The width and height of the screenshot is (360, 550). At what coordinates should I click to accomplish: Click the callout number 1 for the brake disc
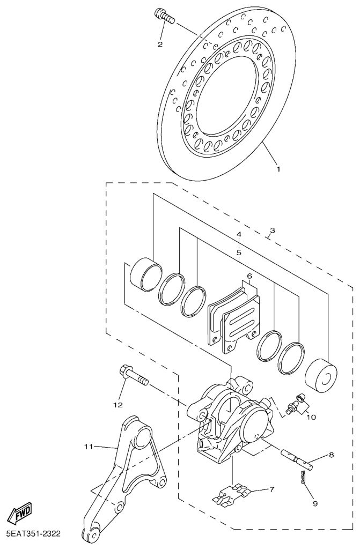tap(278, 169)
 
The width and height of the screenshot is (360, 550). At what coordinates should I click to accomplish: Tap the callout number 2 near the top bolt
tap(160, 44)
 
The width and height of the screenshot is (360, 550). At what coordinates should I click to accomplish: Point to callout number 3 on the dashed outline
tap(272, 231)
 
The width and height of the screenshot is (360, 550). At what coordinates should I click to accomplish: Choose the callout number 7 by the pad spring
tap(271, 489)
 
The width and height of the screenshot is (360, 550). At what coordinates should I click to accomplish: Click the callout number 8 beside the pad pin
tap(331, 455)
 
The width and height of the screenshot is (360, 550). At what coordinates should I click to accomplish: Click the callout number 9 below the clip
tap(315, 504)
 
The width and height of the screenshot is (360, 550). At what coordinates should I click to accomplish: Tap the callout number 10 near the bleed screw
tap(311, 417)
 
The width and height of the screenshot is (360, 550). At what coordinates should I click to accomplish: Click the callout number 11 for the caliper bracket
tap(88, 447)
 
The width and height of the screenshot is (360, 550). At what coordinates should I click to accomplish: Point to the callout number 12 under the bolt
tap(118, 405)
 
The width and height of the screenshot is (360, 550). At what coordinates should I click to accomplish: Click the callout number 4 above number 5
tap(239, 234)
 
